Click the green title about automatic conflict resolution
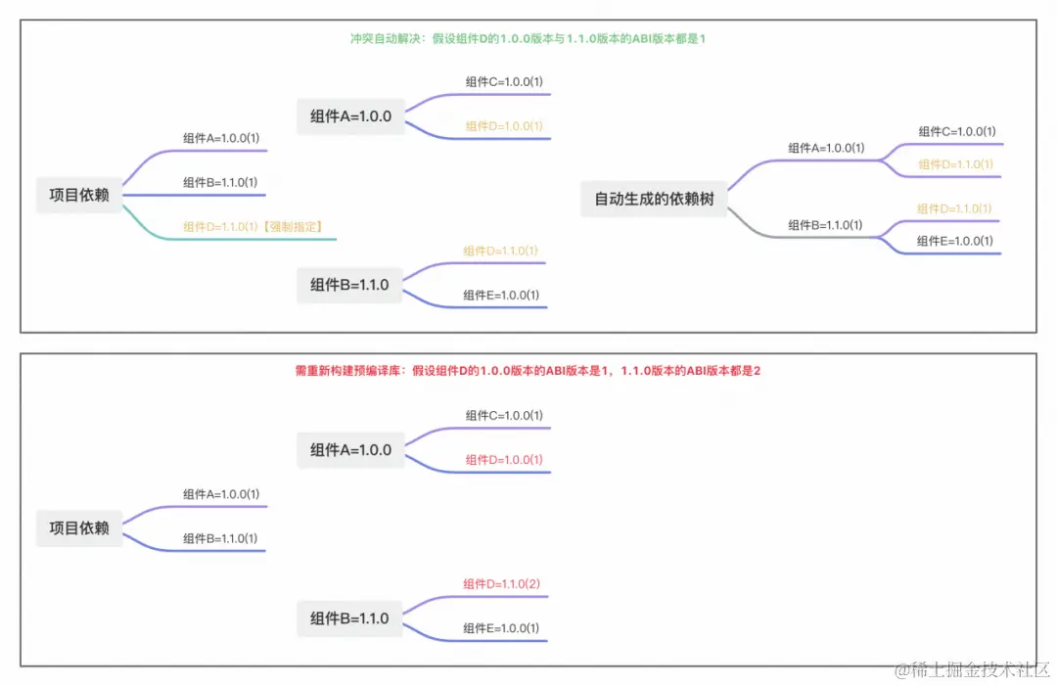pos(528,38)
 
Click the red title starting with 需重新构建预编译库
pos(528,371)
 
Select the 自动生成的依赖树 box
pos(654,199)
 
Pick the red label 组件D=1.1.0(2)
pos(502,584)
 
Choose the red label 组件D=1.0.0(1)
pos(504,460)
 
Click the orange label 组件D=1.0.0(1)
pos(504,126)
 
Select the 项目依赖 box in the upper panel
pos(79,195)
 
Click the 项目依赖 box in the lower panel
pos(79,527)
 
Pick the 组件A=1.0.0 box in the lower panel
pos(350,450)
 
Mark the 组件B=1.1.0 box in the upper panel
pos(349,285)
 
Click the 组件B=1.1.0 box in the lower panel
pos(349,618)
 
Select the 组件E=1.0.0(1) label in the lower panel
pos(501,628)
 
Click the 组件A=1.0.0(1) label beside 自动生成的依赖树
pos(826,148)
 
